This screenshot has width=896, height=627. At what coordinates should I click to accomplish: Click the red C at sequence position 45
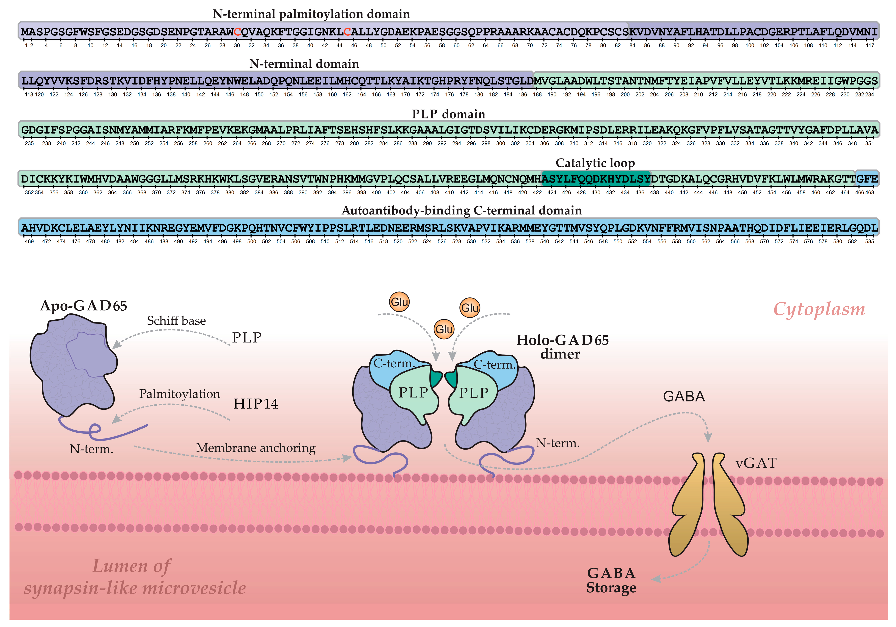click(x=347, y=32)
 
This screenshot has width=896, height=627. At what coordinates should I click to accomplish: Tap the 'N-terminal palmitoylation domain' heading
click(x=311, y=14)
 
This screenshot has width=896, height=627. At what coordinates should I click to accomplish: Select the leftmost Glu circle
click(x=399, y=302)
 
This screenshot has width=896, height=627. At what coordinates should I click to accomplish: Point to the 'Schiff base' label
click(x=176, y=321)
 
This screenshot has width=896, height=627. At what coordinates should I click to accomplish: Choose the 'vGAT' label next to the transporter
click(x=756, y=463)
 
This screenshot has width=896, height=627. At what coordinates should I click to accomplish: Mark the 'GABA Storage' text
click(x=611, y=580)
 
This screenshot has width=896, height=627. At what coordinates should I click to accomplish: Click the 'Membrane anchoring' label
click(x=256, y=448)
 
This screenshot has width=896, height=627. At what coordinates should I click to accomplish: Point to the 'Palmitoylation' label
click(x=179, y=394)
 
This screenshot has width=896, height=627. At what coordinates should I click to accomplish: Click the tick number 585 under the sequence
click(x=869, y=241)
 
